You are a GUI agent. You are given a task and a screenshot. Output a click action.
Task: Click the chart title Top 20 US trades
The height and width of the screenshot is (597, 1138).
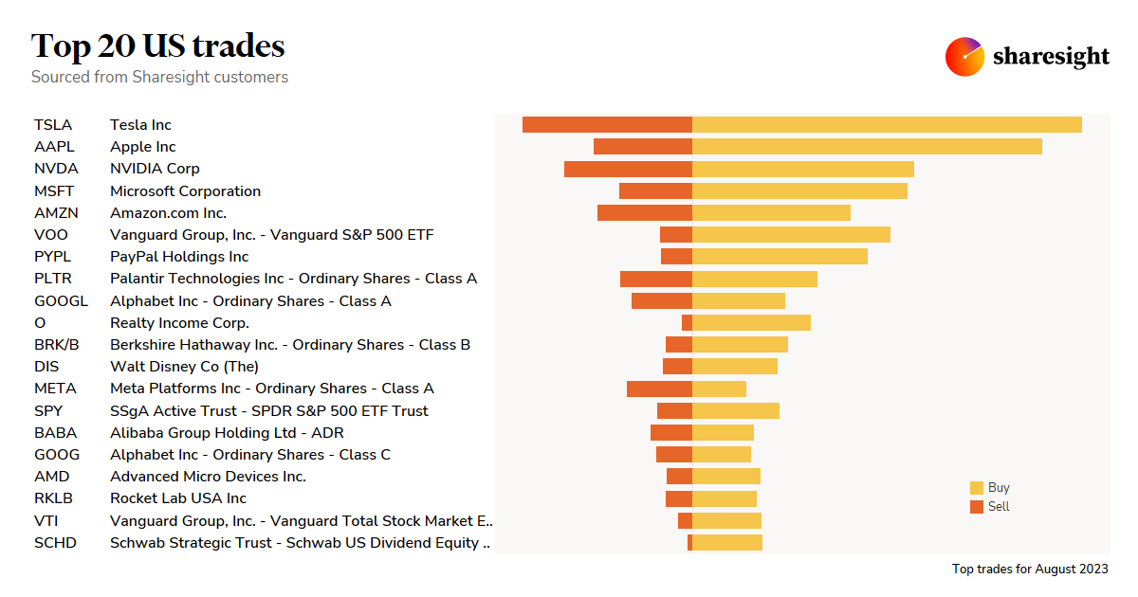coord(157,45)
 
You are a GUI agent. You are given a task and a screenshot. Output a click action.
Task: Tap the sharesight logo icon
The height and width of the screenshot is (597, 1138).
coord(964,57)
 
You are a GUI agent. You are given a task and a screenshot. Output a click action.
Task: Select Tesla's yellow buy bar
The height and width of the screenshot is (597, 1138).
coord(887,125)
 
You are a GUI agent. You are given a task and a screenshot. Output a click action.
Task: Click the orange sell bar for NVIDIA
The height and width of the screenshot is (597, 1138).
coord(628,169)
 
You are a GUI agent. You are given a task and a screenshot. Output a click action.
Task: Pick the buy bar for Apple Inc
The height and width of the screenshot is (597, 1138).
coord(867,147)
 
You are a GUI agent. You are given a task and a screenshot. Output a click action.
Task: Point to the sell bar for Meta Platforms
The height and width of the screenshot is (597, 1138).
coord(659,389)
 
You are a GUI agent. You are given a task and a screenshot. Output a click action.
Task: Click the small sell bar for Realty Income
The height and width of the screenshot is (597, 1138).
coord(687,323)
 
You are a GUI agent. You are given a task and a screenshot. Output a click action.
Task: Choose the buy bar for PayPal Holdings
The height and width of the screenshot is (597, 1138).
coord(780,257)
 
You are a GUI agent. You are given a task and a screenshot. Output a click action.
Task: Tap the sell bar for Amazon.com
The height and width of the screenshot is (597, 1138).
coord(645,213)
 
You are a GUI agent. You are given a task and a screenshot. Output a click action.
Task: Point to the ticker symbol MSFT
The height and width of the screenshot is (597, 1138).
coord(54,191)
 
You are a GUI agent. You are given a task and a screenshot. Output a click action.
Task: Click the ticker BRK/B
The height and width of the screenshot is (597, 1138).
coord(57,345)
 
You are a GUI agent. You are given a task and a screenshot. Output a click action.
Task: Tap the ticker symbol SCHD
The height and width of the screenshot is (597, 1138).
coord(55,543)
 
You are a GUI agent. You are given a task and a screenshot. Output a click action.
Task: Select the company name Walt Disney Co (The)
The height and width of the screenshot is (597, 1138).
coord(184,367)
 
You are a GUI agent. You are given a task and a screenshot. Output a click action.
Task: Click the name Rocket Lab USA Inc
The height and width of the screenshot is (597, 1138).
coord(178,498)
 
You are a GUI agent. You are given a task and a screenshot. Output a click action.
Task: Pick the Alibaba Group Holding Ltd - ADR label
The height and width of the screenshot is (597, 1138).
coord(227,433)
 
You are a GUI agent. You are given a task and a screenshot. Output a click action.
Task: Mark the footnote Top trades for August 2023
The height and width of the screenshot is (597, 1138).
coord(1030,570)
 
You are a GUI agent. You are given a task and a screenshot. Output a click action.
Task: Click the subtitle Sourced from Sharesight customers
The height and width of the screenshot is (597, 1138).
coord(159,77)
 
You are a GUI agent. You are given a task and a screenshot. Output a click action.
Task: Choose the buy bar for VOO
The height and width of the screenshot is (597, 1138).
coord(791,235)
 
